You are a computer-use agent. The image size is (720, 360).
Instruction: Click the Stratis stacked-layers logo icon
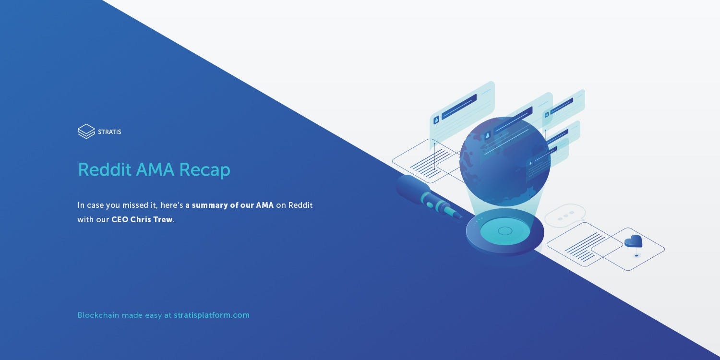pyautogui.click(x=86, y=132)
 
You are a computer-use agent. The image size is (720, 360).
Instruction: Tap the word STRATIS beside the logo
pyautogui.click(x=109, y=132)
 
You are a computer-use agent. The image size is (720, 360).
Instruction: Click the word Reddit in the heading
pyautogui.click(x=105, y=169)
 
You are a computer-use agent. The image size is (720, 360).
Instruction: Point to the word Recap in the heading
pyautogui.click(x=205, y=170)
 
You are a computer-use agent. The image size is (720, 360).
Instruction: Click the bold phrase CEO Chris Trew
pyautogui.click(x=142, y=219)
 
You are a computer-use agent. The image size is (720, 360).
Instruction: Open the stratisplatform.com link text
pyautogui.click(x=212, y=315)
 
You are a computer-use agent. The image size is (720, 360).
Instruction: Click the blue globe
pyautogui.click(x=505, y=161)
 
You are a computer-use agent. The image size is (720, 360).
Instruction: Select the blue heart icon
pyautogui.click(x=633, y=241)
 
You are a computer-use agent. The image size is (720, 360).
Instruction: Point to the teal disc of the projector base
pyautogui.click(x=504, y=231)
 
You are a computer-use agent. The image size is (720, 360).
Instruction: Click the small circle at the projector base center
pyautogui.click(x=504, y=230)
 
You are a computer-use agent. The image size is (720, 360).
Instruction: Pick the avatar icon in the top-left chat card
pyautogui.click(x=436, y=120)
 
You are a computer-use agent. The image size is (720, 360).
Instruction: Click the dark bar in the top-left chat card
pyautogui.click(x=459, y=107)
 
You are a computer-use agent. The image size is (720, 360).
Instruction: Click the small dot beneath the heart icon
pyautogui.click(x=636, y=256)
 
